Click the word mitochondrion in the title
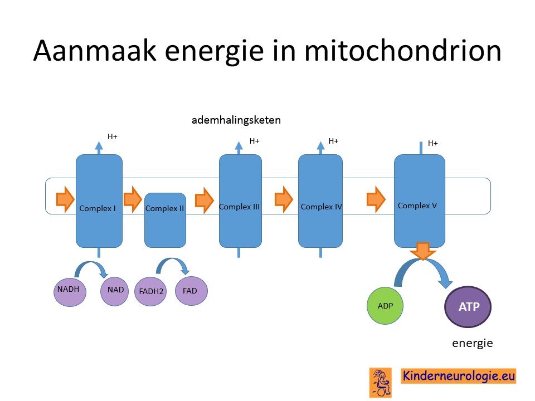click(402, 51)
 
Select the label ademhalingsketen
click(236, 120)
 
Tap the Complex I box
click(99, 201)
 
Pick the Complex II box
click(165, 221)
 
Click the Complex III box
click(240, 201)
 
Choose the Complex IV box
click(320, 201)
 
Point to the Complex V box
click(419, 201)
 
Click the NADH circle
click(70, 291)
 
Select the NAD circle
click(115, 291)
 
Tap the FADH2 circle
click(150, 291)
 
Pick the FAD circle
click(191, 291)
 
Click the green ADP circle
click(385, 306)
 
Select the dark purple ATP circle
click(468, 306)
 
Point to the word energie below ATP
click(473, 343)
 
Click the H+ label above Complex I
click(112, 137)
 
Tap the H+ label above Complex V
click(432, 143)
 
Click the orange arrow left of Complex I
click(65, 199)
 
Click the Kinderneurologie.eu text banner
click(458, 376)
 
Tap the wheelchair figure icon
click(381, 383)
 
